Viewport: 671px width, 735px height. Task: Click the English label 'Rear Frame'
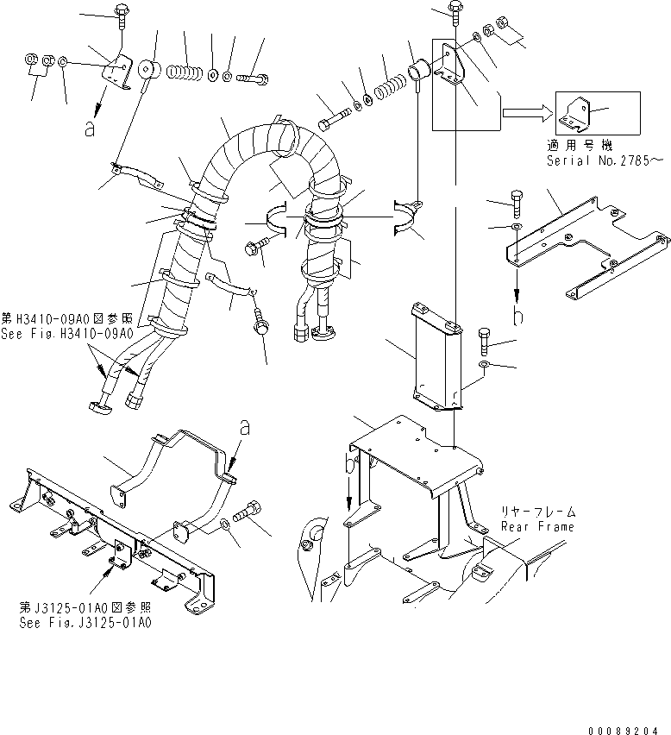tap(537, 526)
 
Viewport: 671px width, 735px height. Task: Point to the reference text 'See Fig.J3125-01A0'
tap(85, 621)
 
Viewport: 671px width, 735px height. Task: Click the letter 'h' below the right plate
tap(518, 317)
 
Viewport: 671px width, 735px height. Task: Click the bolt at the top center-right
tap(455, 11)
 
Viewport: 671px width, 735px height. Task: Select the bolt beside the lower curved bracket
tap(250, 513)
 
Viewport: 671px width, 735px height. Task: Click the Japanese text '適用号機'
tap(574, 146)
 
